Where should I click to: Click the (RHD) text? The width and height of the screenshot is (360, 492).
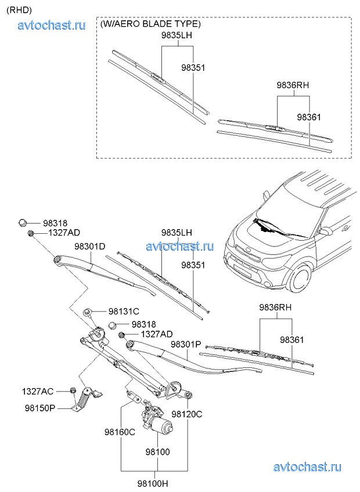click(19, 9)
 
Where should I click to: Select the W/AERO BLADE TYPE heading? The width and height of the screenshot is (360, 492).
click(150, 24)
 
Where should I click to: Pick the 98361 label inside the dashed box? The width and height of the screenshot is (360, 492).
click(309, 117)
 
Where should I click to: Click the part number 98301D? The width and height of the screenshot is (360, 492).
click(90, 247)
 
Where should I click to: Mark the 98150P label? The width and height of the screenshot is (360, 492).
click(39, 408)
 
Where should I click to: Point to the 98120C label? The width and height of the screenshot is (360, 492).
click(187, 414)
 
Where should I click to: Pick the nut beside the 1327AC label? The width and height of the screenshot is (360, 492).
click(73, 390)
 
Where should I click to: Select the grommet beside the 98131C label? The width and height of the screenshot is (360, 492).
click(88, 312)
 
